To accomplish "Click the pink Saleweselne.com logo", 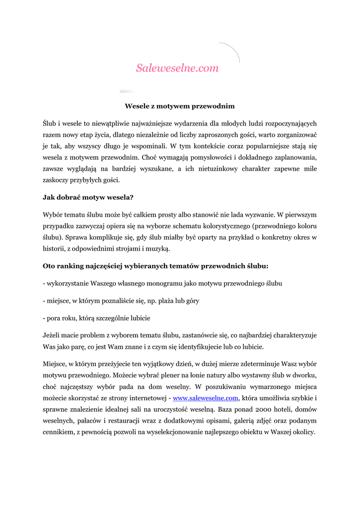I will (x=177, y=68).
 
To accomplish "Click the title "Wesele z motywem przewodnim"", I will (x=179, y=106).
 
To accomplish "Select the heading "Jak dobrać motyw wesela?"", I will (x=88, y=197).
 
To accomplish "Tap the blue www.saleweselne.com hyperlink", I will (x=206, y=398).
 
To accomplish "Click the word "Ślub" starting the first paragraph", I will (x=51, y=124).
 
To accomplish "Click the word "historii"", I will (x=54, y=249).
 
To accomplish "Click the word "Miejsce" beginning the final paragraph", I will (x=55, y=364).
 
